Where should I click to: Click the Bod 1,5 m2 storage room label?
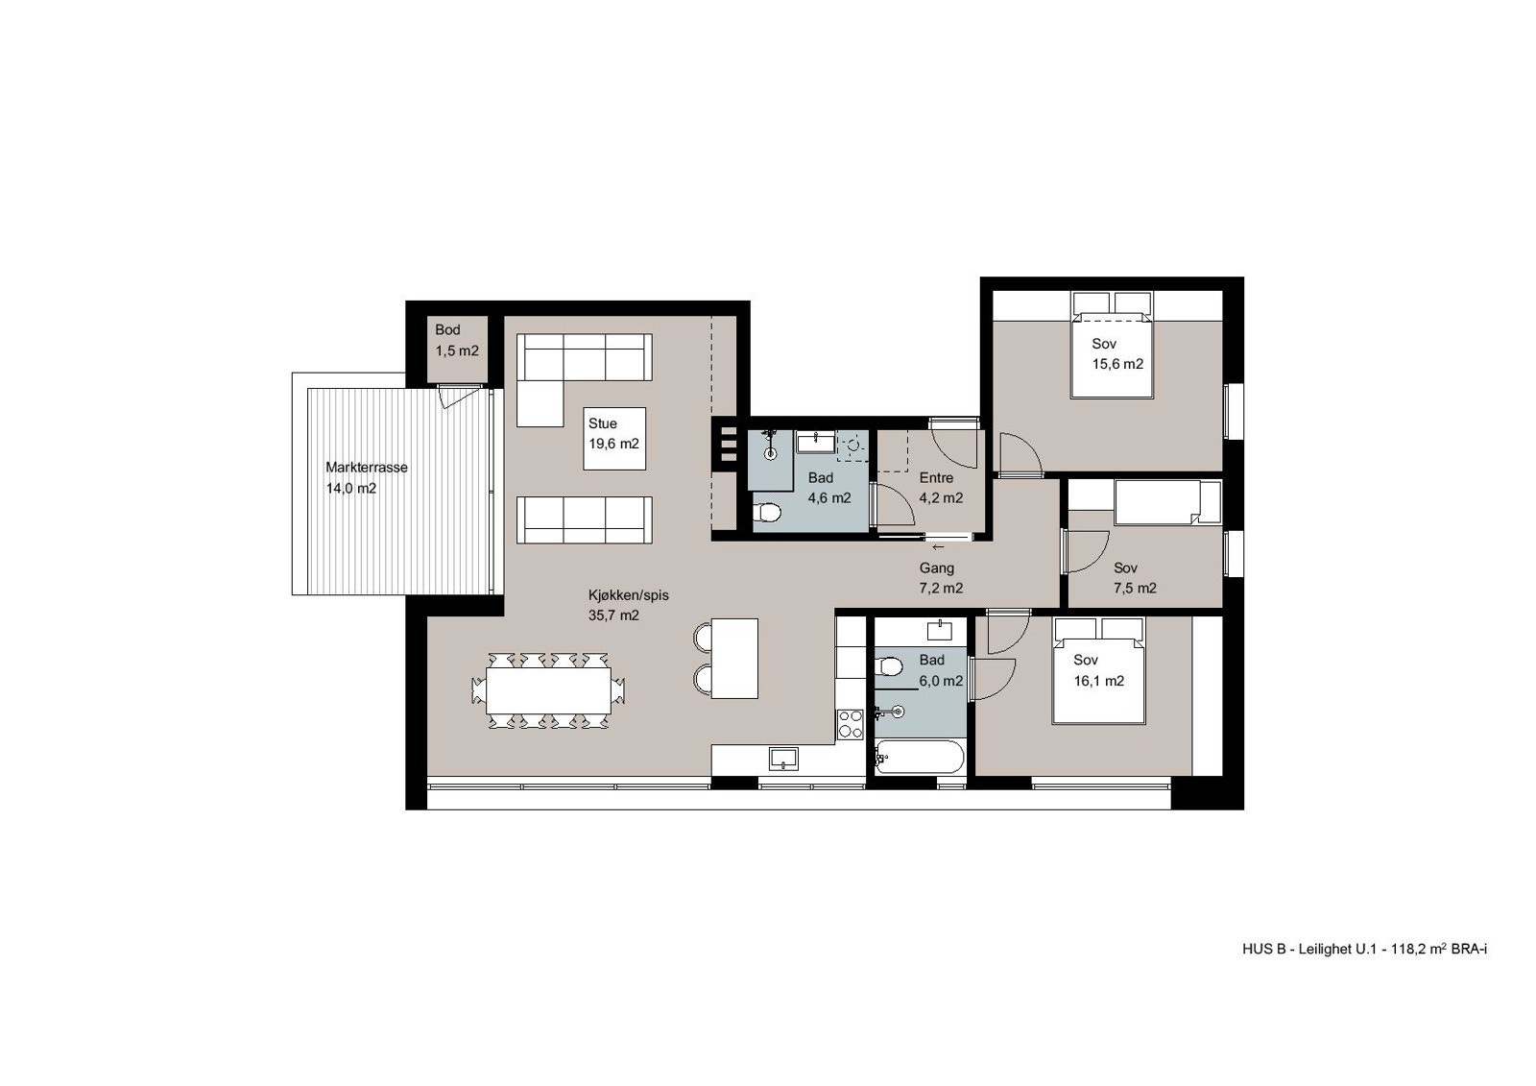click(456, 341)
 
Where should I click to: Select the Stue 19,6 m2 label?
click(612, 434)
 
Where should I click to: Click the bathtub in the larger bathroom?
click(919, 759)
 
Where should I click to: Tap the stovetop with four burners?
click(850, 724)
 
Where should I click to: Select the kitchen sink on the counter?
click(784, 759)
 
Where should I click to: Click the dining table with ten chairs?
click(548, 690)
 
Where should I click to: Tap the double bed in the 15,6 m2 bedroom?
click(1111, 353)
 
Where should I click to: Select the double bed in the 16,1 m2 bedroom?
click(1098, 670)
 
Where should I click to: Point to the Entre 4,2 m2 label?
click(940, 488)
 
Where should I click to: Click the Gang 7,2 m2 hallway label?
click(940, 578)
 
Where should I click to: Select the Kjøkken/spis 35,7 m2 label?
click(628, 605)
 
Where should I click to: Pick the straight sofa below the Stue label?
click(584, 519)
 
